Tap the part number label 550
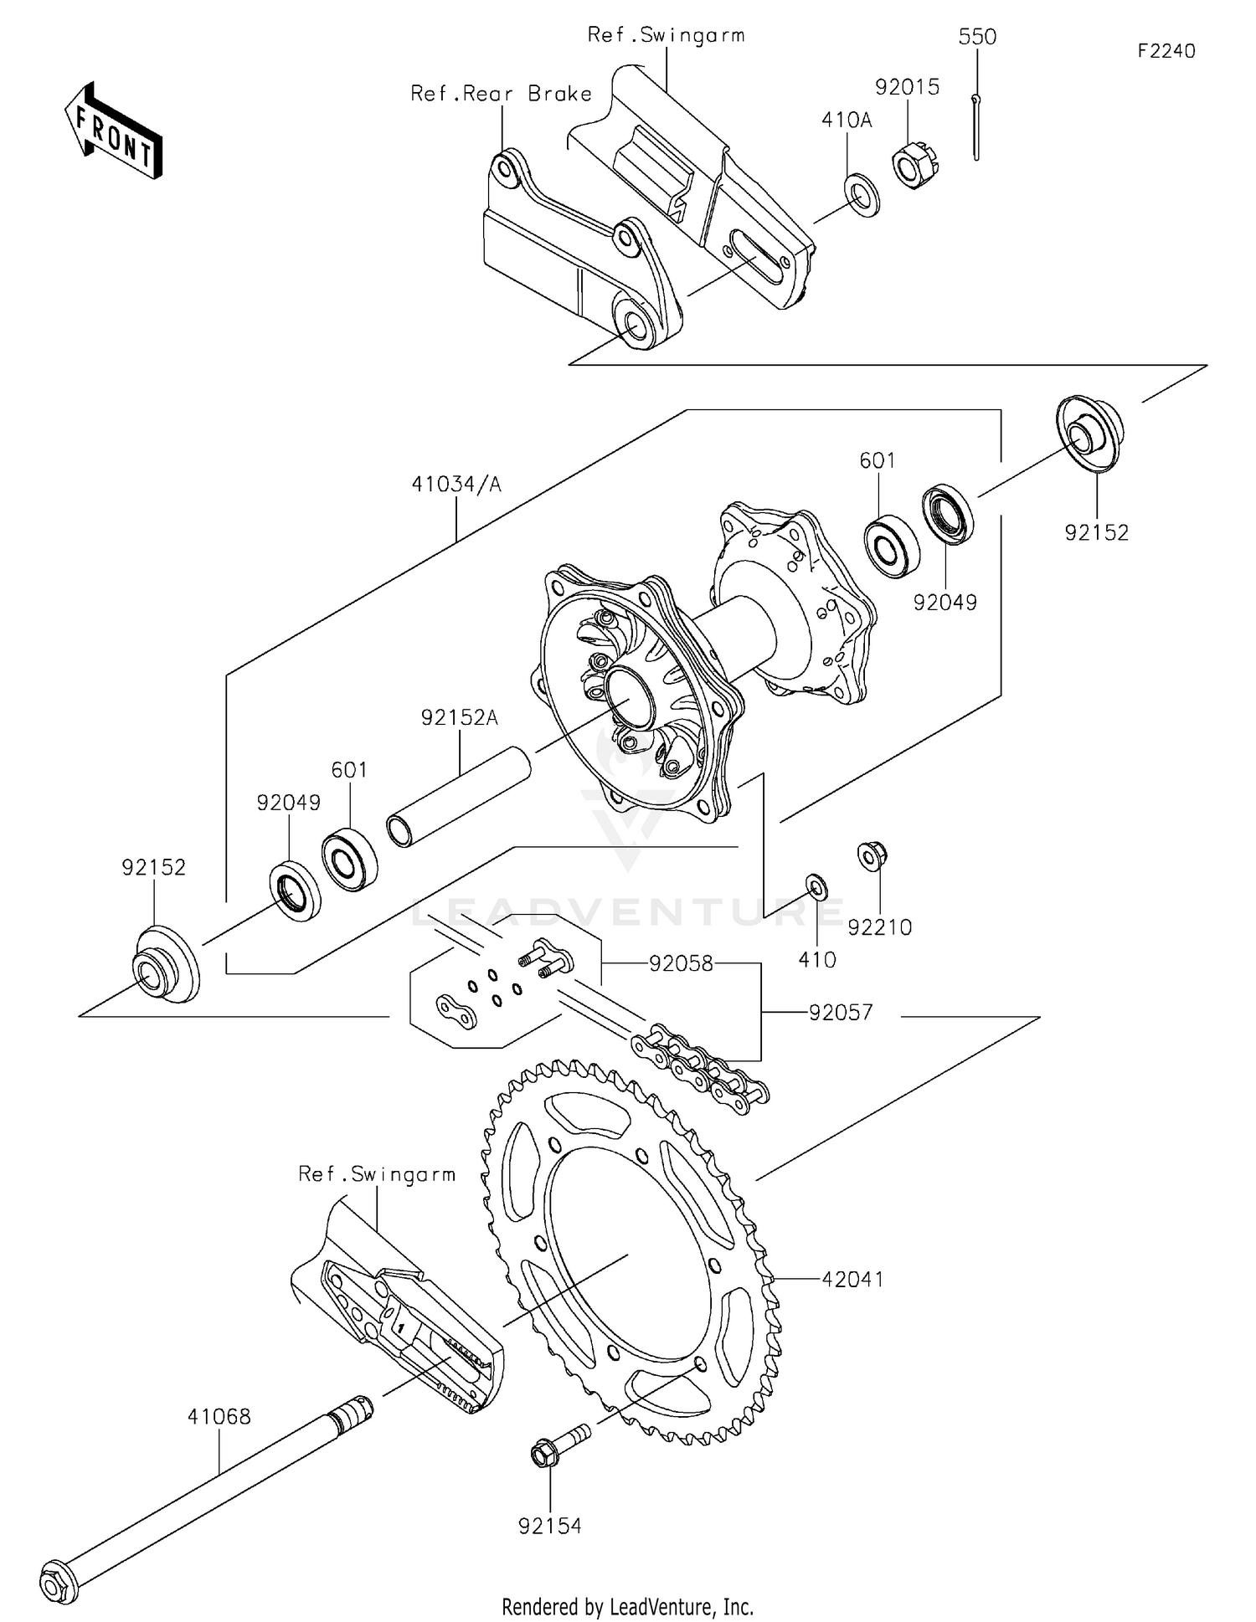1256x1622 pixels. point(977,37)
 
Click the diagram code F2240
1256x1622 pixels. point(1166,51)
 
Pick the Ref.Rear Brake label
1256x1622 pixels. point(501,94)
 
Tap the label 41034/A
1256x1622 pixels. point(456,485)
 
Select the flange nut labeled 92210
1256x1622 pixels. point(872,855)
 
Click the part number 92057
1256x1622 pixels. point(840,1013)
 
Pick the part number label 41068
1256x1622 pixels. point(219,1417)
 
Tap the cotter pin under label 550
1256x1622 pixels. point(976,126)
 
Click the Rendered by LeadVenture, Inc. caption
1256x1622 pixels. point(627,1607)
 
